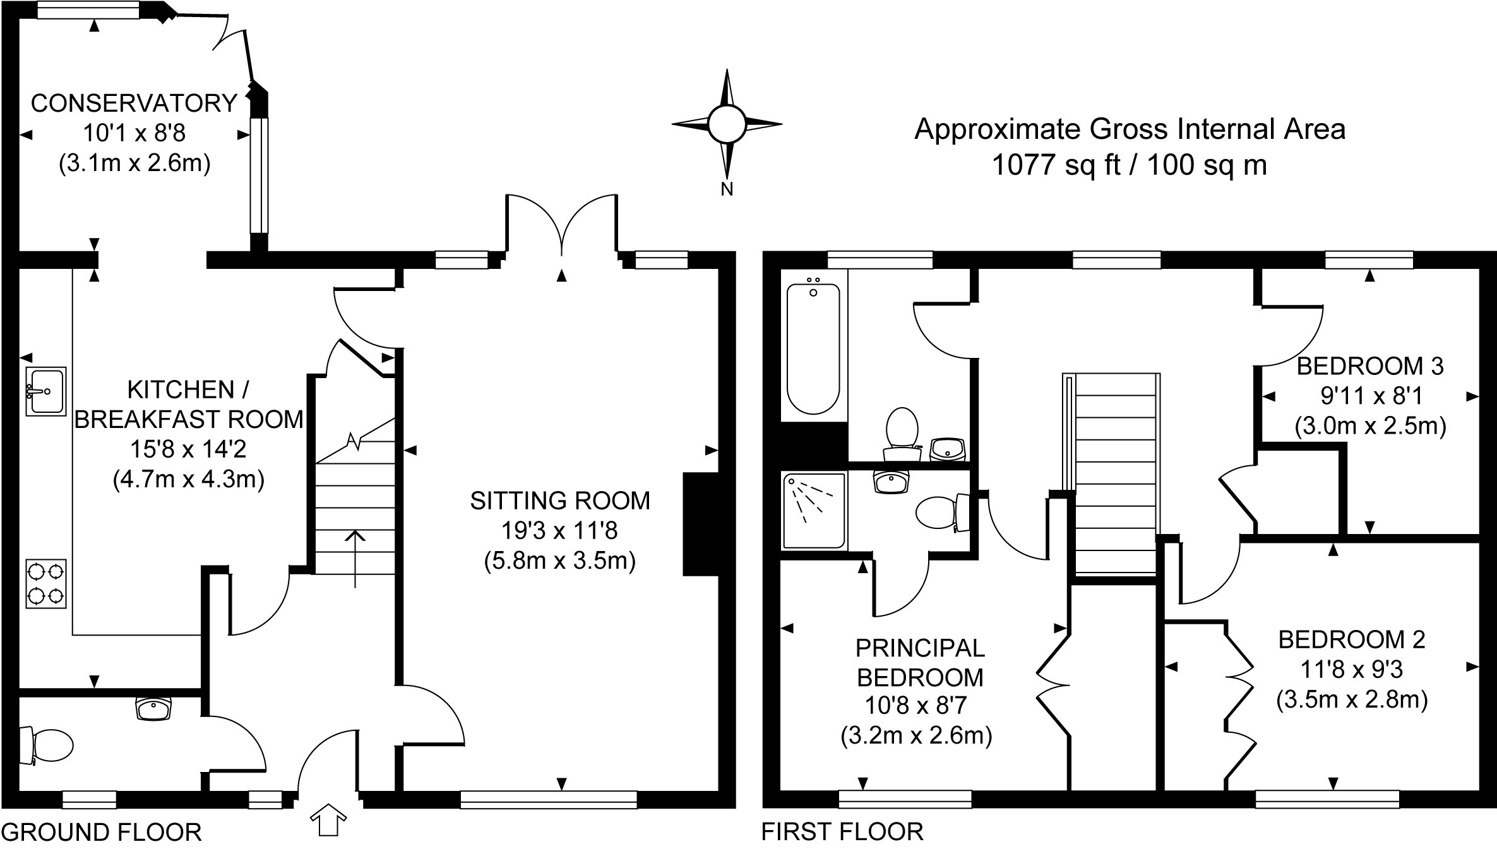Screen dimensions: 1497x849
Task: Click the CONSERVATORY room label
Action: (x=134, y=104)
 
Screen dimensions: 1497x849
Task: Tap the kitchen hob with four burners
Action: (x=46, y=584)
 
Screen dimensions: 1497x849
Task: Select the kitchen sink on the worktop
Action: (x=46, y=391)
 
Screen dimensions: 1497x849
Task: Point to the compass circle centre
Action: (x=727, y=124)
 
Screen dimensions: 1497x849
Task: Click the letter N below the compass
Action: (x=727, y=189)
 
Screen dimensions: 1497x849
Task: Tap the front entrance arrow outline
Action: (x=328, y=820)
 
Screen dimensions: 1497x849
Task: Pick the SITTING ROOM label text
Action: (x=560, y=501)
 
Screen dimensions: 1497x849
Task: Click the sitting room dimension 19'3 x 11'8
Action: (x=559, y=531)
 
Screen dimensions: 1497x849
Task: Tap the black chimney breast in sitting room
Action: (x=701, y=524)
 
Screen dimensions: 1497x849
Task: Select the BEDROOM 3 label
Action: (x=1370, y=366)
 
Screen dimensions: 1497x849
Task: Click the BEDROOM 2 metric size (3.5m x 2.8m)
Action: (x=1352, y=700)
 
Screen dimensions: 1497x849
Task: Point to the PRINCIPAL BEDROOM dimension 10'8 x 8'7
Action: (x=916, y=704)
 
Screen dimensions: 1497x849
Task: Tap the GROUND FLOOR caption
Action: (x=102, y=833)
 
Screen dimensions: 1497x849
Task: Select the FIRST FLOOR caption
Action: (x=842, y=832)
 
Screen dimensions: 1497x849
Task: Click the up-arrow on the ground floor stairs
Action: (x=355, y=559)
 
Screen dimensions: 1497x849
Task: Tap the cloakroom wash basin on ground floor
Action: (x=153, y=708)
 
